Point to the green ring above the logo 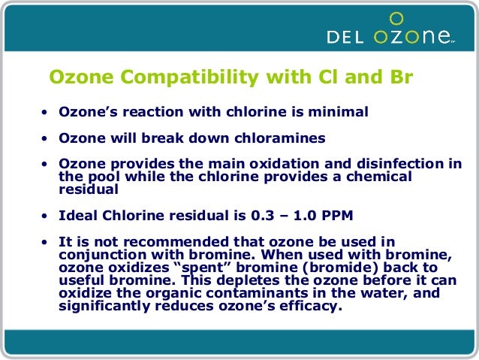point(398,18)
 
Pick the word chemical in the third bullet point(376,177)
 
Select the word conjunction point(98,254)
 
